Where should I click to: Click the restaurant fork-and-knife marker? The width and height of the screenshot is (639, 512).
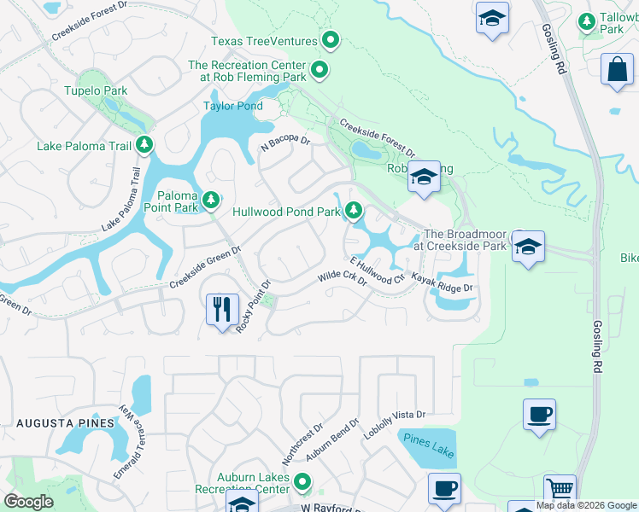[x=222, y=308]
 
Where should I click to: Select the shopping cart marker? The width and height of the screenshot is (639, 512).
[x=560, y=489]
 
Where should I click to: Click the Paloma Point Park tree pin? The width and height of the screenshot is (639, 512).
[x=209, y=200]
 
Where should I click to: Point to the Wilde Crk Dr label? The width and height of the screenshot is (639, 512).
[x=342, y=278]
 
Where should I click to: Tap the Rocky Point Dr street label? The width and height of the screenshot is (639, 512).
[x=254, y=306]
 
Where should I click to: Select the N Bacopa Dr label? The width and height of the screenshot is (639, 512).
[x=284, y=144]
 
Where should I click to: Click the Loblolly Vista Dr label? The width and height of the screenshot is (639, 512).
[x=395, y=426]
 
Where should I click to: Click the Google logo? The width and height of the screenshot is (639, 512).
[x=28, y=502]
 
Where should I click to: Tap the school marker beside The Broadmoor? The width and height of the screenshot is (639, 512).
[x=528, y=247]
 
